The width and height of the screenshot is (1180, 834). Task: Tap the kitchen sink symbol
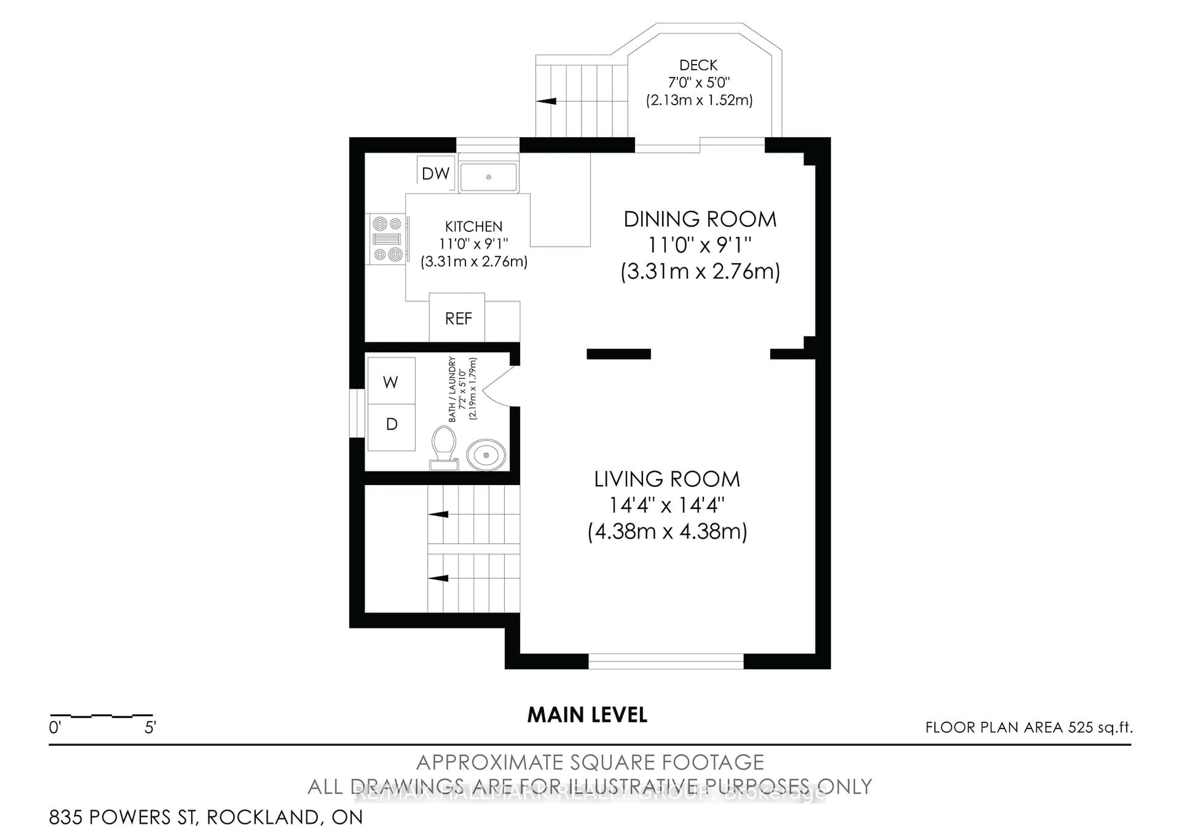click(x=488, y=177)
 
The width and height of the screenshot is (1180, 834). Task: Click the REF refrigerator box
click(x=458, y=318)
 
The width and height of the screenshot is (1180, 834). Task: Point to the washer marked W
click(x=391, y=381)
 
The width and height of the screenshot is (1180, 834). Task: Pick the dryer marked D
click(x=391, y=424)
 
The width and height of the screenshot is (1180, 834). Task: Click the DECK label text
click(x=698, y=65)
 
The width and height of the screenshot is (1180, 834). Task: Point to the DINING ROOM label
click(x=699, y=219)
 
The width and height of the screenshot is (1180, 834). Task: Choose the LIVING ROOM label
click(x=667, y=479)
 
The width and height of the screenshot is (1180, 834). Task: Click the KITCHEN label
click(x=473, y=226)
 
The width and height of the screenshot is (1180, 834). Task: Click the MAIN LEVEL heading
click(x=587, y=715)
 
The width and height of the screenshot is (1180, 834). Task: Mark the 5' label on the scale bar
click(x=150, y=728)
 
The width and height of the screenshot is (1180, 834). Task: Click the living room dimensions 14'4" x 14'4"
click(x=667, y=506)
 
